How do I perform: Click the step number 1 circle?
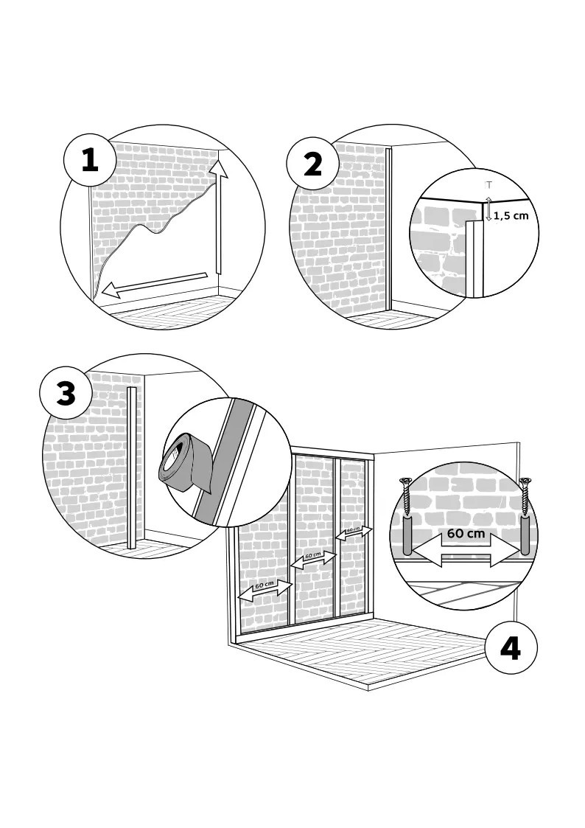[x=89, y=161]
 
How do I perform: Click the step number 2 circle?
[x=313, y=164]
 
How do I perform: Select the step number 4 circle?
[x=510, y=649]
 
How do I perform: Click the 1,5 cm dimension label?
[x=511, y=216]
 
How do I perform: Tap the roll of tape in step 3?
[x=184, y=465]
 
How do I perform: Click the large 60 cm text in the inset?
[x=466, y=533]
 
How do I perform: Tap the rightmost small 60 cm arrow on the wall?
[x=354, y=532]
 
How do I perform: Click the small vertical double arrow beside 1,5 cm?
[x=488, y=209]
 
